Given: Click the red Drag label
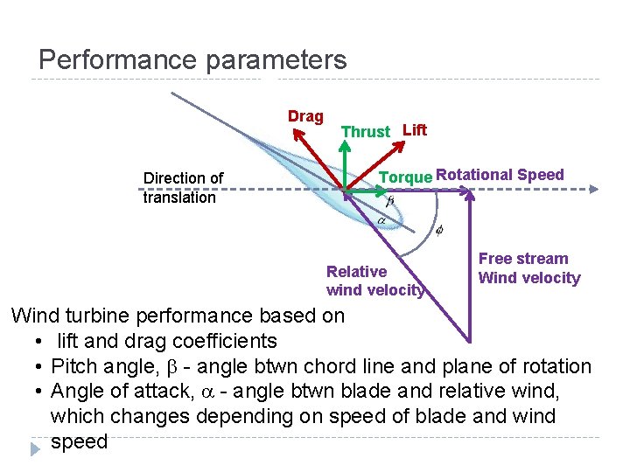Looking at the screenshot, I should tap(305, 116).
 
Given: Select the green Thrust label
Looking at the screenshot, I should tap(365, 132).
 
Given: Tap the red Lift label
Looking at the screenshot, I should tap(414, 130).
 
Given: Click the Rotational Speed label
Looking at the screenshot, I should tap(500, 175).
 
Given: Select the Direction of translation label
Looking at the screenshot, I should tap(183, 187).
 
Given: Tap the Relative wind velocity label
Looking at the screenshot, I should tap(374, 281).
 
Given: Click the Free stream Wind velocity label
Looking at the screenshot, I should tap(528, 268).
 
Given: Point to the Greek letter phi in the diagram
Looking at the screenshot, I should tap(439, 231).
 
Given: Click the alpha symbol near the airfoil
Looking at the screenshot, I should tap(381, 221).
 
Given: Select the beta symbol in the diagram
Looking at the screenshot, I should tap(390, 201).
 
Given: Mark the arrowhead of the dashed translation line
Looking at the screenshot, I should tap(593, 189).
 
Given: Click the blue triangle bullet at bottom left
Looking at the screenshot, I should tap(34, 449).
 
